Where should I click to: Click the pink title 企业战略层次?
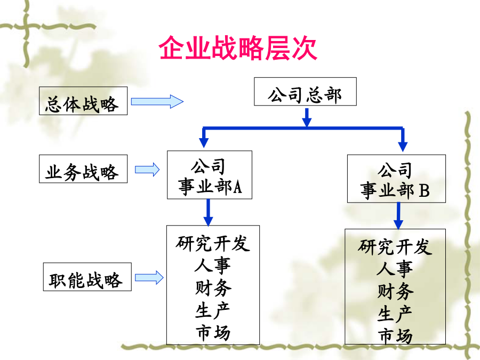coord(238,48)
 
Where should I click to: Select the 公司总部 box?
coord(305,92)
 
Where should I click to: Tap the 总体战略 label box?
coord(83,101)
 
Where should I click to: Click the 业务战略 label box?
coord(83,169)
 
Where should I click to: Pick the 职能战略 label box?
coord(87,277)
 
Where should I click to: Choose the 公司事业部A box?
coord(210,175)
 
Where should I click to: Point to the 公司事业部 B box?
coord(396,179)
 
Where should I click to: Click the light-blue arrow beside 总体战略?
coord(157,101)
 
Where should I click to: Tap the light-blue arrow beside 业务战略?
coord(147,169)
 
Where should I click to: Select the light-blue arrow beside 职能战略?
coord(149,278)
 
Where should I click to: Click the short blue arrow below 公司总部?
coord(307,117)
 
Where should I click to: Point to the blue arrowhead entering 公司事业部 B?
coord(403,146)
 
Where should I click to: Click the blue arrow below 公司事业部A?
coord(208,212)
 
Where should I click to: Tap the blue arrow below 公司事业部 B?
coord(398,216)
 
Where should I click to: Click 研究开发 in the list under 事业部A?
coord(213,243)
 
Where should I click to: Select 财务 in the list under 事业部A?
coord(213,288)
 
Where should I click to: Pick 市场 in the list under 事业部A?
coord(213,333)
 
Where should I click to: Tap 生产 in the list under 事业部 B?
coord(395,314)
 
